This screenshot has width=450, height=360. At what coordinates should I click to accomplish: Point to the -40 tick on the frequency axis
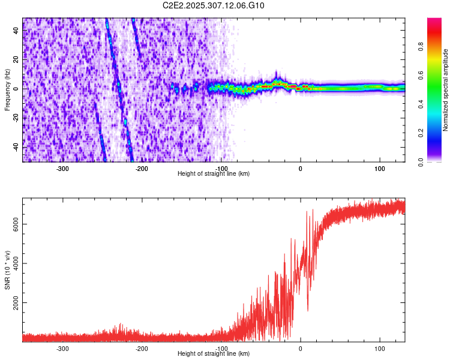tap(16, 147)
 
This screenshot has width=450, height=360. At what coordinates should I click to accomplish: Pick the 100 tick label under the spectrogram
tap(380, 169)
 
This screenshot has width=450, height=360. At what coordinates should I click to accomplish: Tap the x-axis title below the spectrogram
tap(214, 174)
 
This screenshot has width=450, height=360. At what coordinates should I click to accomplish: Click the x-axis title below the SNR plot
tap(214, 354)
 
